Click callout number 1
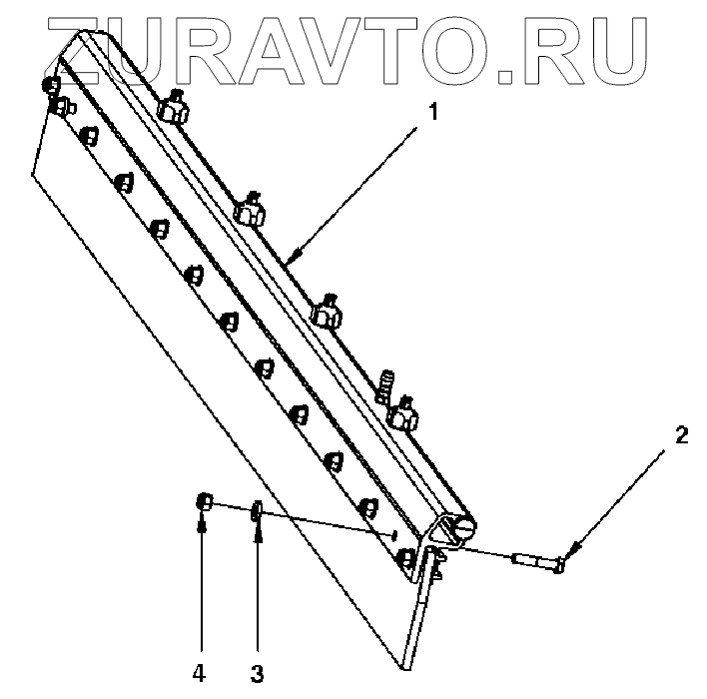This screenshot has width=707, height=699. (x=432, y=114)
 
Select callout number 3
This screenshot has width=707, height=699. (x=257, y=673)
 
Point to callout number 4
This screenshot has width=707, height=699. (x=202, y=673)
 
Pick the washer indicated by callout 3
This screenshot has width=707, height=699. (x=257, y=512)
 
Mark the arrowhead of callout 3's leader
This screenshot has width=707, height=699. (x=258, y=528)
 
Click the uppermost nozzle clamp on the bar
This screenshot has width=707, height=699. (x=173, y=107)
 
